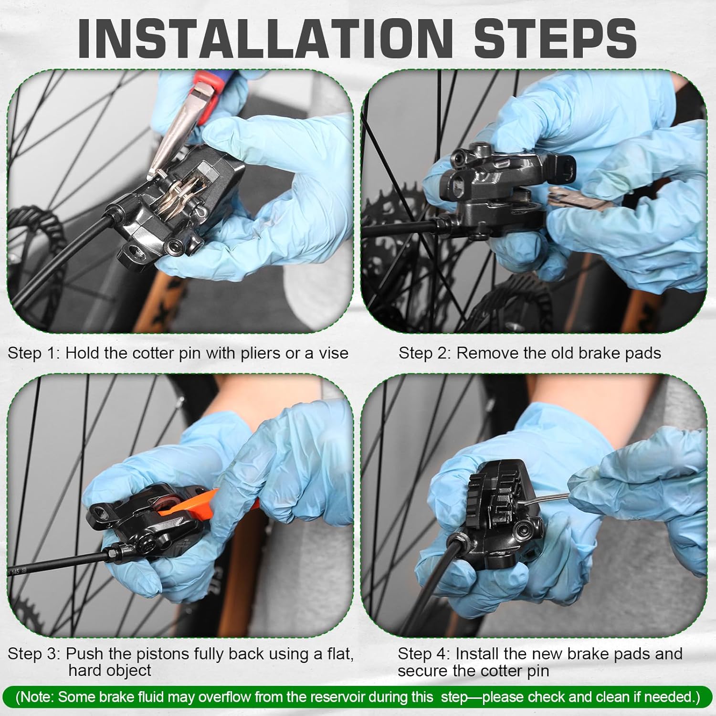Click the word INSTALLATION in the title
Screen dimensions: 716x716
pyautogui.click(x=265, y=39)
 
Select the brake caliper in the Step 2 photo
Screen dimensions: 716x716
pyautogui.click(x=496, y=191)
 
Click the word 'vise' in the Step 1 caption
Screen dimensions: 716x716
pyautogui.click(x=332, y=353)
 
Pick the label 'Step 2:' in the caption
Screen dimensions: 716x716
pyautogui.click(x=424, y=353)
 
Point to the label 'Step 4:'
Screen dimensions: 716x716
pyautogui.click(x=423, y=653)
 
